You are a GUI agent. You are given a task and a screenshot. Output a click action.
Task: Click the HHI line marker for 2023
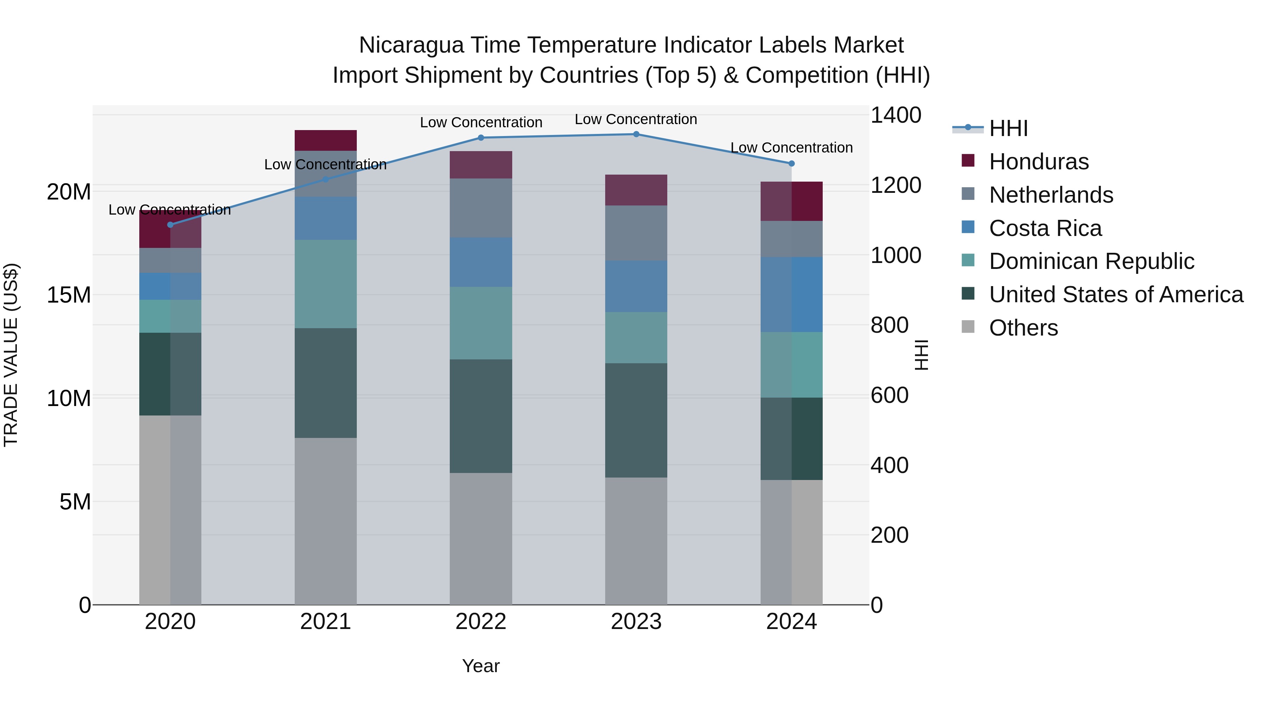coord(636,134)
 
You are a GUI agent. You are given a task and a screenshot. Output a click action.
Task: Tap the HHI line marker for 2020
coord(170,225)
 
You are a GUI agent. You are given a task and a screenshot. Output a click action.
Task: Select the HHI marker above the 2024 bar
coord(791,164)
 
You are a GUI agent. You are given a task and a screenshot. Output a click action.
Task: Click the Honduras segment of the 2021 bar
coord(326,140)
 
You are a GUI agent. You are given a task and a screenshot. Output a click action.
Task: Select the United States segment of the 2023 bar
coord(636,420)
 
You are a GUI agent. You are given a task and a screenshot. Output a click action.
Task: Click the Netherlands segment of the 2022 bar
coord(481,208)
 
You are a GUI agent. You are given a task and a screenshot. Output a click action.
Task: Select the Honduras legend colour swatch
coord(968,161)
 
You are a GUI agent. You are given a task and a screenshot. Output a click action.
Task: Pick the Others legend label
coord(1023,328)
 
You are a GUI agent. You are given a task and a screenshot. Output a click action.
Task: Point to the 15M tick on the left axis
coord(69,295)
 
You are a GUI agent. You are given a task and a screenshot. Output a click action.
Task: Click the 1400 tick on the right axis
coord(895,116)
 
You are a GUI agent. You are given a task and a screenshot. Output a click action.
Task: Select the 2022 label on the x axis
coord(481,622)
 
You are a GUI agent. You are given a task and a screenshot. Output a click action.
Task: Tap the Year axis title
coord(481,666)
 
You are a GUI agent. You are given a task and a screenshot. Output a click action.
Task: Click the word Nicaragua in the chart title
coord(411,45)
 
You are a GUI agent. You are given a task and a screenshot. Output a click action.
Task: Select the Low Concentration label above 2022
coord(481,122)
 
